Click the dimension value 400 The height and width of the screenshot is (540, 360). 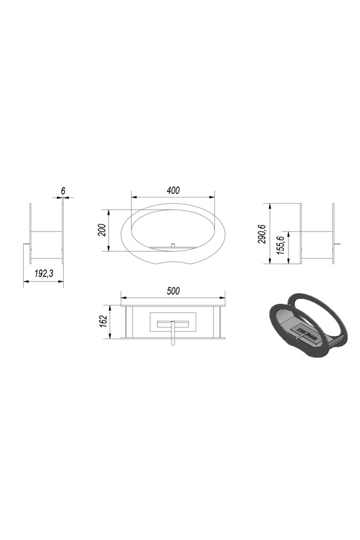tap(173, 190)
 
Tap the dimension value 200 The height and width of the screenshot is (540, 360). tap(102, 230)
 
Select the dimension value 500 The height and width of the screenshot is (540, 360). tap(173, 291)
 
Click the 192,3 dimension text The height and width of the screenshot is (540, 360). tap(44, 273)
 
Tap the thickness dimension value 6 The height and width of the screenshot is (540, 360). tap(63, 190)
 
